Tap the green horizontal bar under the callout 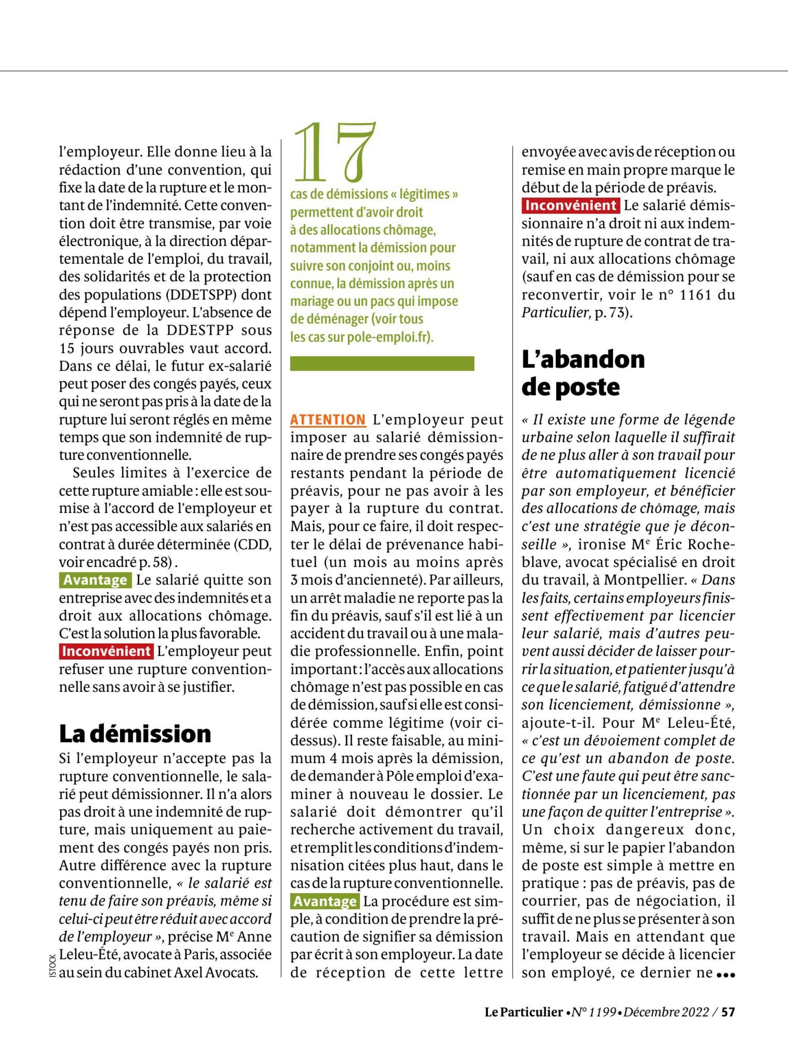382,363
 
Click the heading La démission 135,733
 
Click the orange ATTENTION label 328,419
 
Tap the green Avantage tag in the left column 96,580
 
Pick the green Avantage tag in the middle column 325,901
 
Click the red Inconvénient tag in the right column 570,206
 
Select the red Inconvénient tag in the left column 106,651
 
